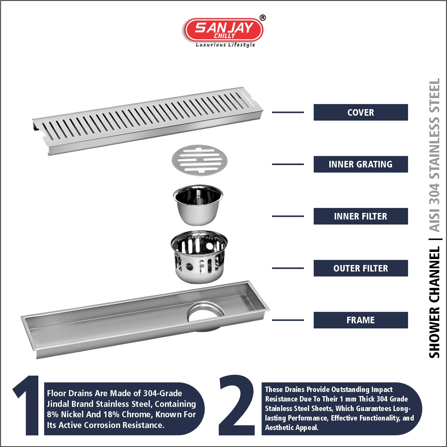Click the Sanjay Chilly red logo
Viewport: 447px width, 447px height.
tap(224, 30)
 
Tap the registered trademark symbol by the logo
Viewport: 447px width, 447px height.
tap(263, 18)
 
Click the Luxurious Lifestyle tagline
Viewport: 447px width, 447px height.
tap(225, 45)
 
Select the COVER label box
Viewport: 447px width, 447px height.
tap(361, 112)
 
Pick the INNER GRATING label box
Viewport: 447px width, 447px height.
tap(361, 164)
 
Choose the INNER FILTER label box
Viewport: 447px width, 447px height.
tap(361, 216)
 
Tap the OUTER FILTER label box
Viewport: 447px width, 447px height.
tap(361, 268)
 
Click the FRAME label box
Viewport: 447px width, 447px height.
tap(361, 320)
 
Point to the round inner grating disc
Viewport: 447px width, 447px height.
tap(199, 160)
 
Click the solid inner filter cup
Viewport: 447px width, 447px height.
tap(198, 205)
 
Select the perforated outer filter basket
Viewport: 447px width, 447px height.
tap(199, 257)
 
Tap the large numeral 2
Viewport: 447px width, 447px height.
tap(237, 405)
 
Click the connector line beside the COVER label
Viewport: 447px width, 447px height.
tap(288, 112)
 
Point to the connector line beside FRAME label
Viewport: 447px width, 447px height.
tap(288, 320)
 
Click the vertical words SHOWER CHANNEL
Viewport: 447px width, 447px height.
tap(434, 302)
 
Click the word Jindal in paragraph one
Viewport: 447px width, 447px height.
tap(58, 404)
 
